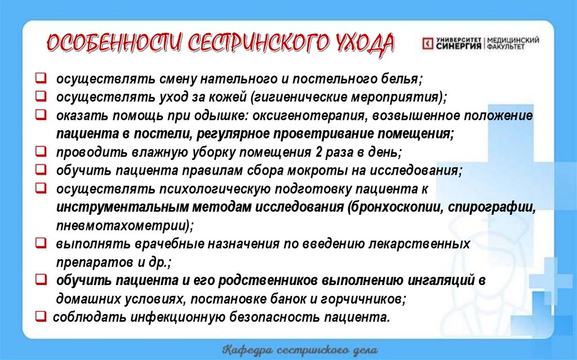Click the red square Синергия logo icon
tap(428, 43)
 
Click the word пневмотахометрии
tap(122, 225)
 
